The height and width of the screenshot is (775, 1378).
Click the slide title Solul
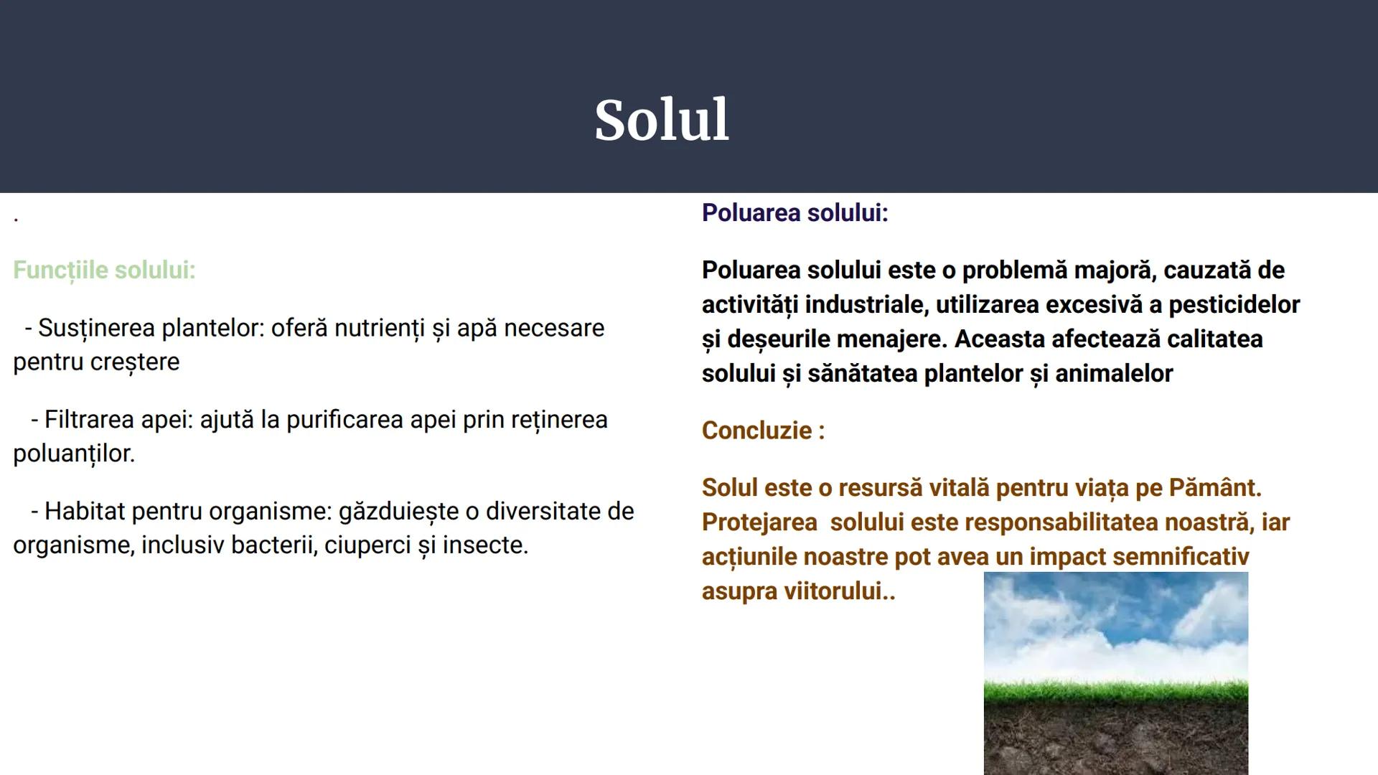coord(661,120)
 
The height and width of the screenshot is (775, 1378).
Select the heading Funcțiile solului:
coord(104,271)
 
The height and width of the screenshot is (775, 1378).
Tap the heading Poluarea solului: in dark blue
coord(795,213)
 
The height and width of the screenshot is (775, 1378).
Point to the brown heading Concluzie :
coord(763,431)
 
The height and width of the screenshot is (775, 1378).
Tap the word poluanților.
coord(73,454)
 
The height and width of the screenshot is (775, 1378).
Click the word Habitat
coord(84,512)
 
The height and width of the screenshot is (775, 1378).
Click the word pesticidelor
coord(1234,305)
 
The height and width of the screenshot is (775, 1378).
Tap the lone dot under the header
coord(16,219)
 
